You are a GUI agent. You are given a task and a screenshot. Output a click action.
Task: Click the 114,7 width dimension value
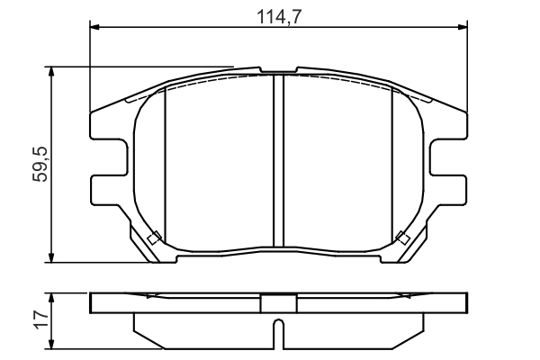(279, 17)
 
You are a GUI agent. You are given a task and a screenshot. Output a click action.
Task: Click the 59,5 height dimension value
(40, 165)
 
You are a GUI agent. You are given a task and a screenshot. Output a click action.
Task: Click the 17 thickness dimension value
(41, 320)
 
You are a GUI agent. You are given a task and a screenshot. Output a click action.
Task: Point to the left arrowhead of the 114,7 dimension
(94, 27)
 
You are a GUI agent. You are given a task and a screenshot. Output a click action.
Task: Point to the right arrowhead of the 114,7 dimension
(463, 27)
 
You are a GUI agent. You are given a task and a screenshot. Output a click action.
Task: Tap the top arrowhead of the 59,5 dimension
(51, 71)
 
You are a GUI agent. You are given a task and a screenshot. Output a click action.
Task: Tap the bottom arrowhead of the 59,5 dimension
(51, 257)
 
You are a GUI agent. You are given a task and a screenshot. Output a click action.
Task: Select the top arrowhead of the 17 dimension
(51, 298)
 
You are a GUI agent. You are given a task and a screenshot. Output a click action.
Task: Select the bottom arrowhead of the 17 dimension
(51, 344)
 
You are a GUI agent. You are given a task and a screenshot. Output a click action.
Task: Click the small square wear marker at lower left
(154, 238)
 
